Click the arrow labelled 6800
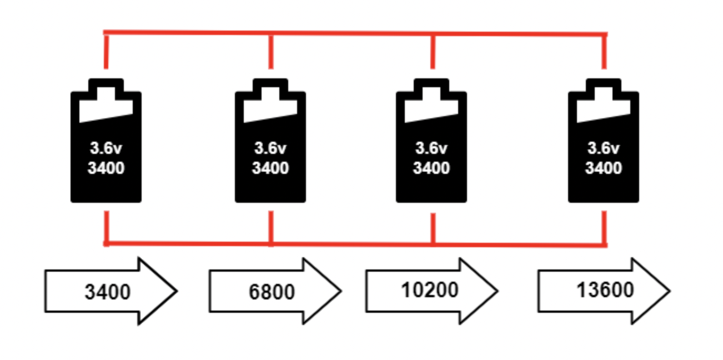275,291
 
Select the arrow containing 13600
604,291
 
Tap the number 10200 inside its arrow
429,289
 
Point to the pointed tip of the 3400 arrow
177,291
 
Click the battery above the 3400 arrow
106,141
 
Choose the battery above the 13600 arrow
603,141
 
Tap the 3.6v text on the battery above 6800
270,148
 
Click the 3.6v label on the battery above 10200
431,148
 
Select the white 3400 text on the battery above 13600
603,168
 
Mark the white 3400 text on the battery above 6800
270,168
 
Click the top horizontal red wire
355,33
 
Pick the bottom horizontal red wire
355,244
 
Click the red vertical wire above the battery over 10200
433,52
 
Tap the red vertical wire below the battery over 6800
271,227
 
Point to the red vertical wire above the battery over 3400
106,52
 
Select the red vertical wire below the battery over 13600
604,227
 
